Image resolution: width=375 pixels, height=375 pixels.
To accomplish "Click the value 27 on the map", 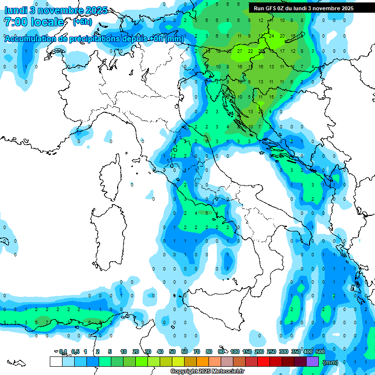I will [x=239, y=51].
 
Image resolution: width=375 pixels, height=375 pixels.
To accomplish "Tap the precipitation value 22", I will [x=250, y=51].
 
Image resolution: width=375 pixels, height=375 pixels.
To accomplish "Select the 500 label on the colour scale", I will [x=320, y=352].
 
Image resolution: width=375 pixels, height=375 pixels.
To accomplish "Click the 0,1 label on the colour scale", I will [x=63, y=352].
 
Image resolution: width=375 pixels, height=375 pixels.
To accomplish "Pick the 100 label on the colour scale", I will [x=235, y=352].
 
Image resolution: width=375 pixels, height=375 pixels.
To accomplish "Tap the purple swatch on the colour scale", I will [x=312, y=361].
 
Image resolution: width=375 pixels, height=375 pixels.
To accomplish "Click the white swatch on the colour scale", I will [x=56, y=361].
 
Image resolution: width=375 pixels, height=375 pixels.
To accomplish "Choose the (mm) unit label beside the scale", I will [x=331, y=362].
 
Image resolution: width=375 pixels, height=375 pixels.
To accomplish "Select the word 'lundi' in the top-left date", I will [x=16, y=10].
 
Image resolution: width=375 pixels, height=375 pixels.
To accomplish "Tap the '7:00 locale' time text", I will [x=34, y=22].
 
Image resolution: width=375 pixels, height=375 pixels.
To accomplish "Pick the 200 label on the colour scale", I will [x=259, y=352].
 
